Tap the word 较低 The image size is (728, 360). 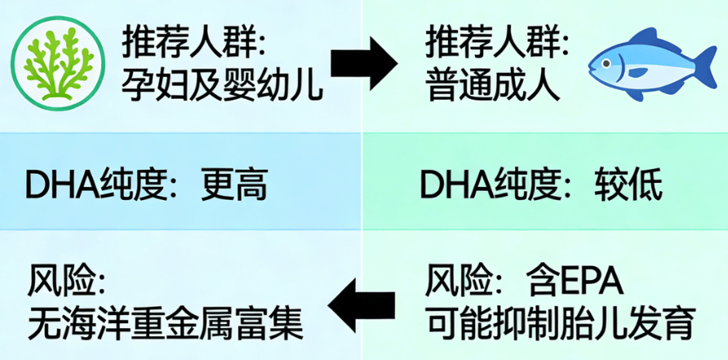[x=628, y=187]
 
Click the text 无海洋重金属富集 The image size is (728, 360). [x=166, y=325]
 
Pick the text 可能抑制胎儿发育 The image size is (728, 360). [x=560, y=325]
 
